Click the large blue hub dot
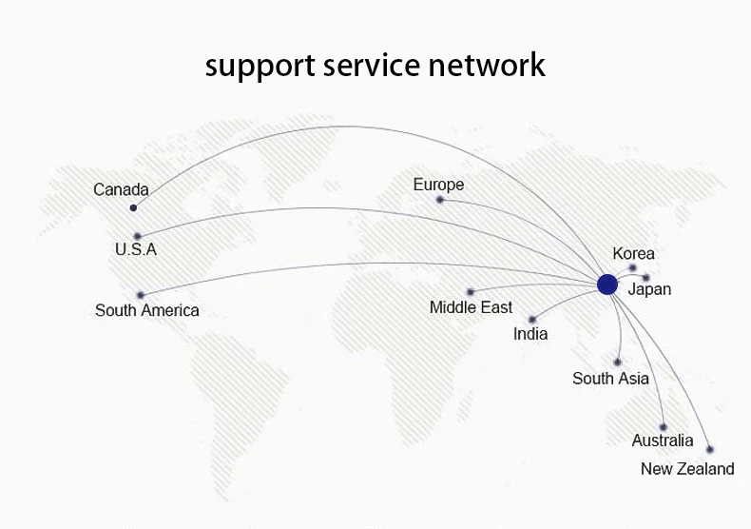coord(607,284)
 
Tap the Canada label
coord(121,189)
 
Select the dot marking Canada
coord(133,207)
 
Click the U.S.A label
coord(136,249)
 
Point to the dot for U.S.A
coord(138,236)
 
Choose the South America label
coord(147,310)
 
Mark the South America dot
coord(141,295)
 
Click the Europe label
coord(439,185)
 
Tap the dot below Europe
coord(440,200)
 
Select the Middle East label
coord(471,307)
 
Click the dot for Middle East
coord(471,292)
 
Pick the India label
coord(530,334)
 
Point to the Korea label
coord(634,253)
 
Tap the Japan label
coord(649,289)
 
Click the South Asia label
coord(610,379)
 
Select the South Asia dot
coord(617,362)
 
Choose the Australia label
coord(663,441)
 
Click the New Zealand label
coord(687,469)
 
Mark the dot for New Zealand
coord(710,449)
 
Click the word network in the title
coord(487,65)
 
